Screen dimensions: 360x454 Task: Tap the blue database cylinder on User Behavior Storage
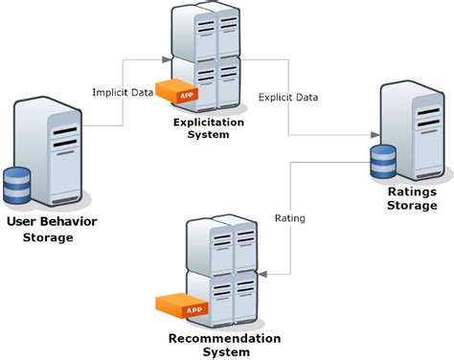18,186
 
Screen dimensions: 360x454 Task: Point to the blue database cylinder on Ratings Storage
381,164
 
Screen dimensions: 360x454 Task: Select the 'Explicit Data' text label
288,97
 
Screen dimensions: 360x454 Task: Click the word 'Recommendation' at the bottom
224,338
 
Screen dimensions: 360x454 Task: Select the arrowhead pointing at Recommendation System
263,274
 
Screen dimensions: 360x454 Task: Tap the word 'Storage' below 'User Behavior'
48,236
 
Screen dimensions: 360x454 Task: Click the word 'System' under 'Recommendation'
224,351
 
